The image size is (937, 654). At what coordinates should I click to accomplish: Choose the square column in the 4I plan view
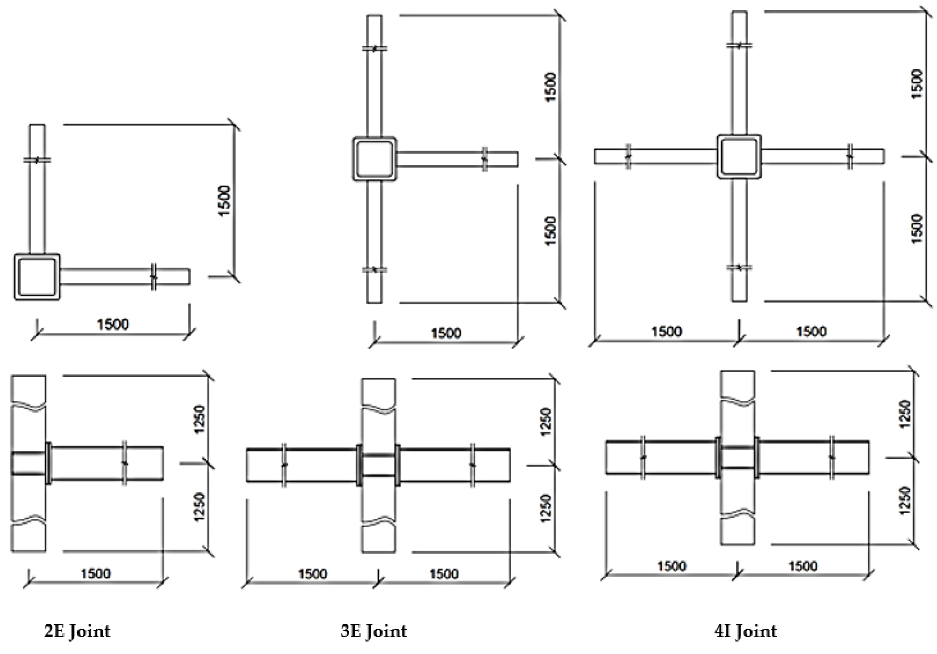point(739,156)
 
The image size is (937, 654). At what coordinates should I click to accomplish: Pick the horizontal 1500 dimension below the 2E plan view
point(113,324)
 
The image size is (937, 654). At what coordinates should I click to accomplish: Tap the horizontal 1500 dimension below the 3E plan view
point(446,333)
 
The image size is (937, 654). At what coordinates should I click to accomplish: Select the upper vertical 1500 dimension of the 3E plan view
point(551,87)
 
